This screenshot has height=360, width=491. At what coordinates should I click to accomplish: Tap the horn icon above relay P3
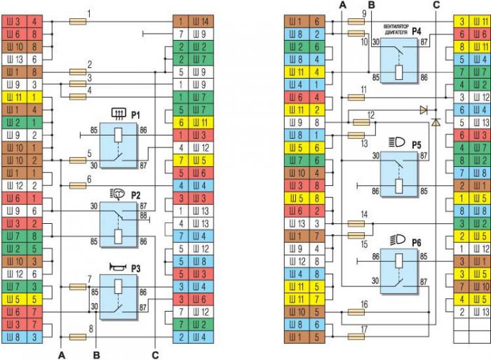pyautogui.click(x=117, y=267)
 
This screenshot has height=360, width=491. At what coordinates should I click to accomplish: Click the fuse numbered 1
pyautogui.click(x=78, y=22)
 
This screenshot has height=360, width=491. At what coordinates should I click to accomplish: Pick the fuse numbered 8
pyautogui.click(x=78, y=337)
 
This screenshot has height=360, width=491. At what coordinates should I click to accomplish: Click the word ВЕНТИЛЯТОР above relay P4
pyautogui.click(x=396, y=27)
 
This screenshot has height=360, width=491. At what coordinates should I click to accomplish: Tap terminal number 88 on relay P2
pyautogui.click(x=144, y=215)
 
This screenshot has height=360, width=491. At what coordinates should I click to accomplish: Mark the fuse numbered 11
pyautogui.click(x=356, y=95)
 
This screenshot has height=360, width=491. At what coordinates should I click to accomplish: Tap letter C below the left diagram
pyautogui.click(x=154, y=352)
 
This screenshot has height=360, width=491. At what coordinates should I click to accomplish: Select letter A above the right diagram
pyautogui.click(x=342, y=5)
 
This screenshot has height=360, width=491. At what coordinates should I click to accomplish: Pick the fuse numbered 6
pyautogui.click(x=78, y=186)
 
